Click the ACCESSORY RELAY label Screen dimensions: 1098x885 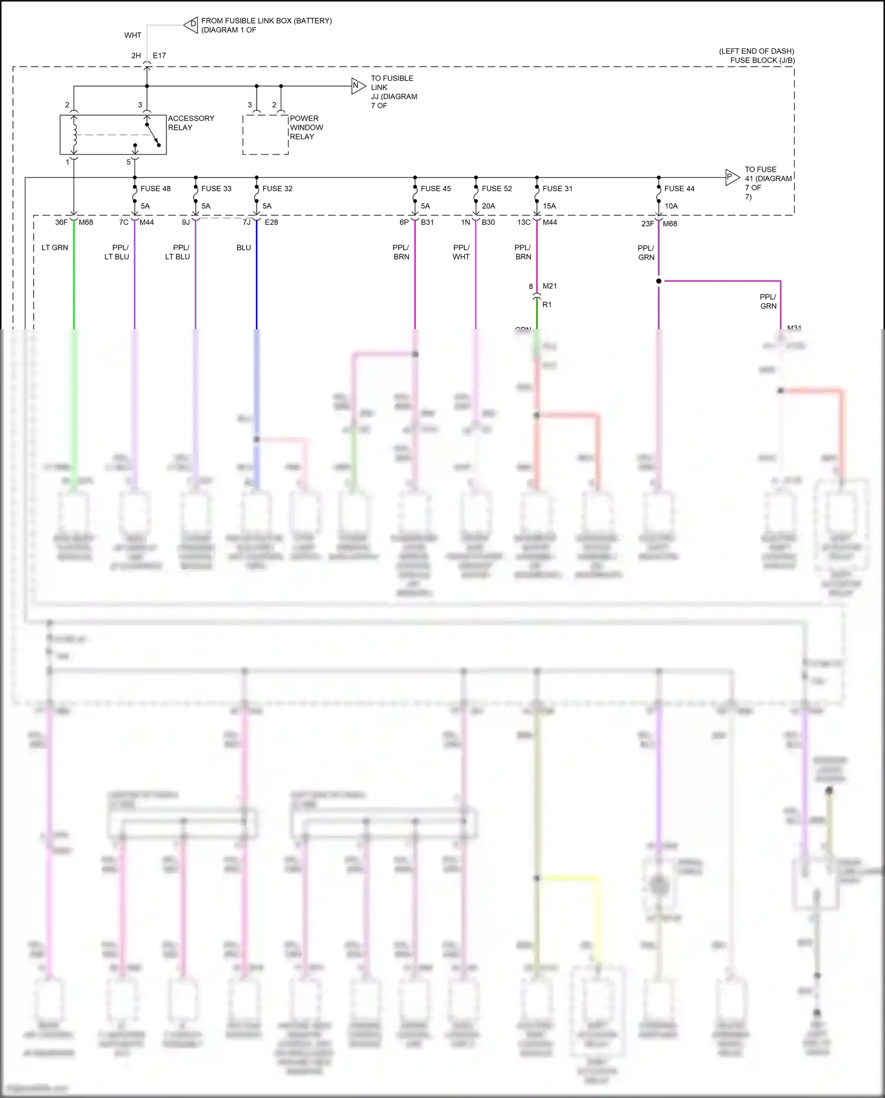(191, 123)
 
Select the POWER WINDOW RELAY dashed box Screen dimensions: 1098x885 (265, 135)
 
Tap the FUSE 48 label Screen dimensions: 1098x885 (155, 189)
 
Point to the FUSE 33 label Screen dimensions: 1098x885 (216, 189)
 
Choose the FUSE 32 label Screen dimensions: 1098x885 (277, 189)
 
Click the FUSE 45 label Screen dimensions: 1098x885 (435, 189)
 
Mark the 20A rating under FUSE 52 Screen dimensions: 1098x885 (489, 206)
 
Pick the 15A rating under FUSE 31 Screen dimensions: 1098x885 (549, 206)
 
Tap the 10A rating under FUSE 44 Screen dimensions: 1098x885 (671, 206)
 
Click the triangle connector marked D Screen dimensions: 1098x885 (191, 25)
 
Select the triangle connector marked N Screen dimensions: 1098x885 (358, 86)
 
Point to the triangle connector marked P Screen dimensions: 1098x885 (732, 176)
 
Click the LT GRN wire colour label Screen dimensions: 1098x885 (55, 248)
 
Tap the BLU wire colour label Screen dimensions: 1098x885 (244, 248)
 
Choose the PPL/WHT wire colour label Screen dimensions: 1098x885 (461, 252)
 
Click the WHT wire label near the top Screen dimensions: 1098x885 (133, 35)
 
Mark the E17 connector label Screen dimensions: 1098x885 (159, 56)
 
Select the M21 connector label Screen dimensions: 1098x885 (549, 286)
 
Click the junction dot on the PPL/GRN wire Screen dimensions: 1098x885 (658, 281)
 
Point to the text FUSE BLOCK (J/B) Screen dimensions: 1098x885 (762, 60)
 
